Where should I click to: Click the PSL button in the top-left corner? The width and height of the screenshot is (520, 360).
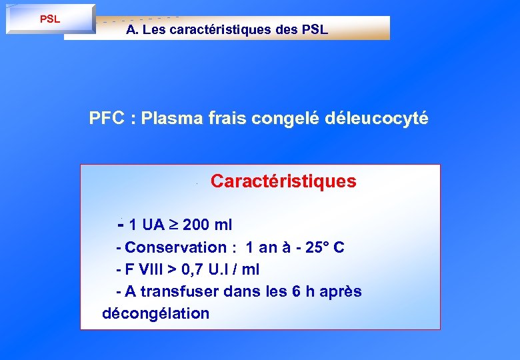pos(50,19)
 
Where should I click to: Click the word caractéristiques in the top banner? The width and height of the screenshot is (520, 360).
pos(231,30)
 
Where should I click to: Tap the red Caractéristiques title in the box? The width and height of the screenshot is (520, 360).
pos(283,181)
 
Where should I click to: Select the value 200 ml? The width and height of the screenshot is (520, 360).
pos(207,224)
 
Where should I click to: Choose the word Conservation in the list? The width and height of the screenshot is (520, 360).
pos(176,247)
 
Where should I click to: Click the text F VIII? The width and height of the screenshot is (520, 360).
pos(143,269)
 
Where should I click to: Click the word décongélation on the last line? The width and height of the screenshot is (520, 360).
pos(155,313)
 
